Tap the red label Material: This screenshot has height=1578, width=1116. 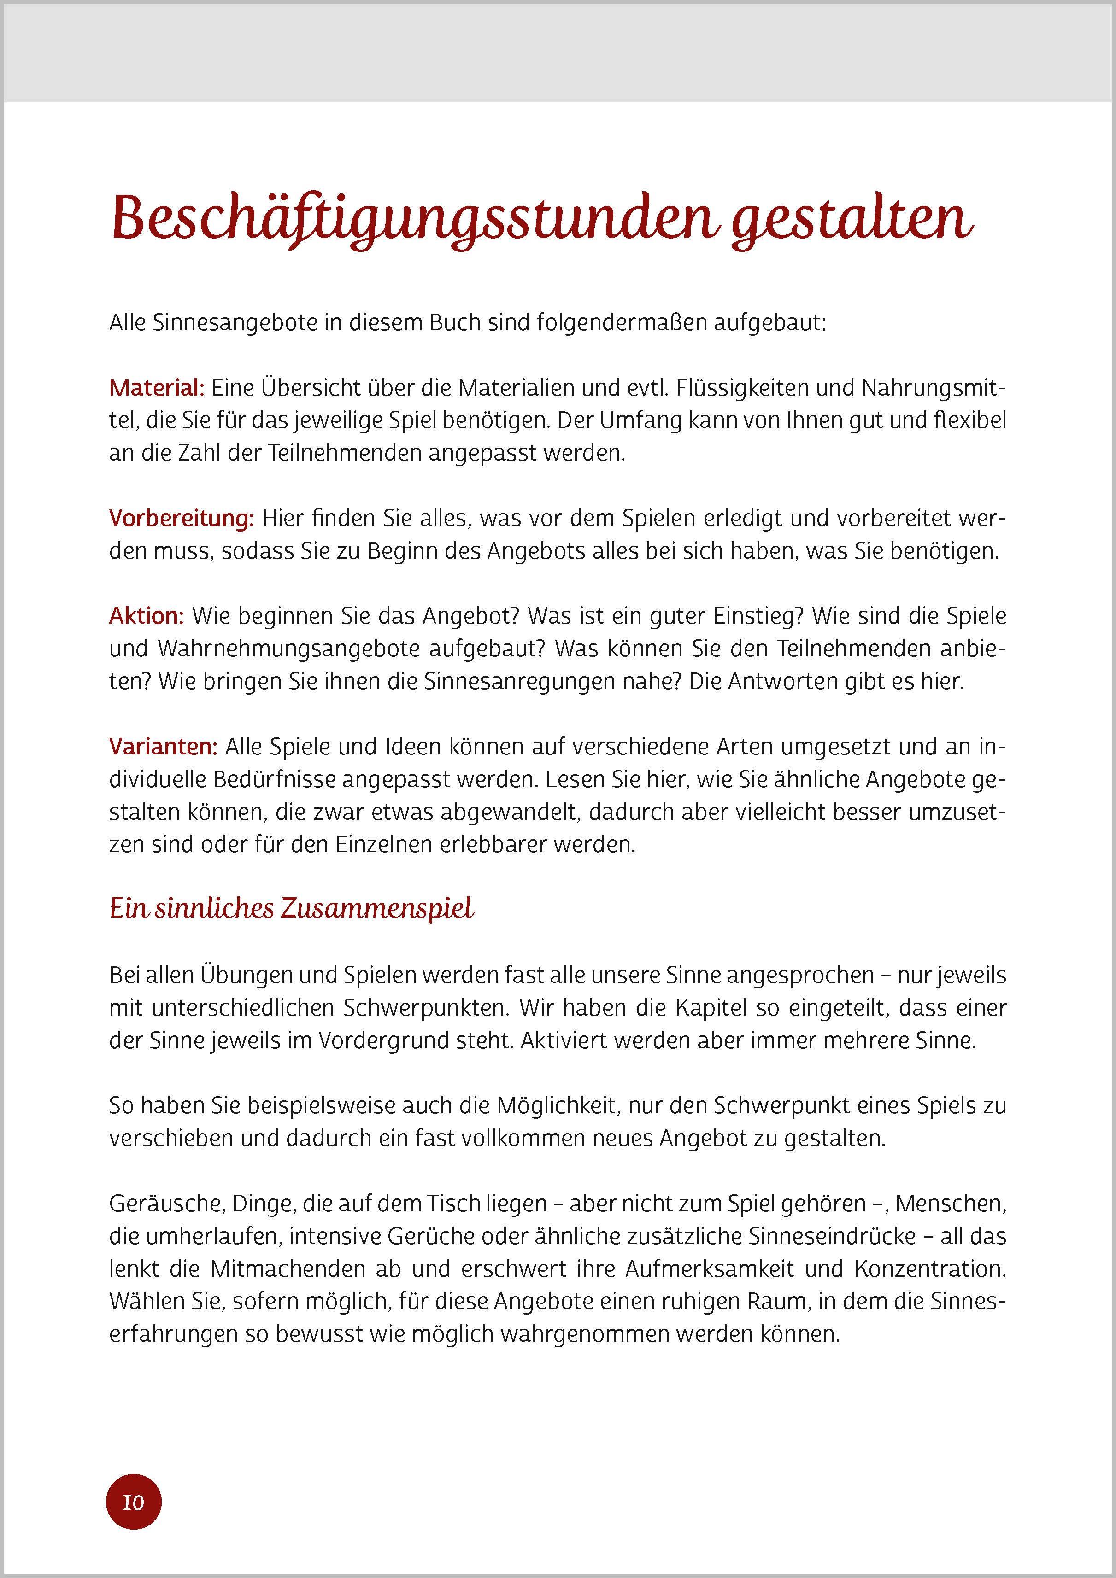157,388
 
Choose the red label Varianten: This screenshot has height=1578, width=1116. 163,746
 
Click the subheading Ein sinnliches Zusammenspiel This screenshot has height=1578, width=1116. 292,909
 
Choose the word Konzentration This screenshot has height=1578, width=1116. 930,1268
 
